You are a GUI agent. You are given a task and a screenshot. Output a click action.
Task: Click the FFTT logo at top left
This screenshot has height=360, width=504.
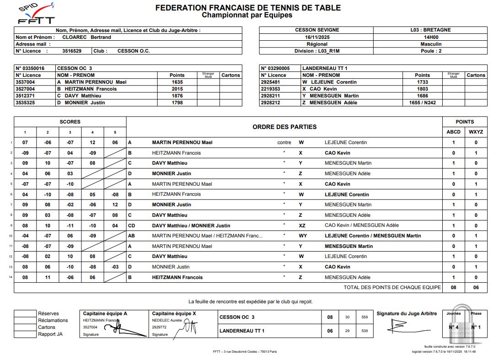pyautogui.click(x=36, y=14)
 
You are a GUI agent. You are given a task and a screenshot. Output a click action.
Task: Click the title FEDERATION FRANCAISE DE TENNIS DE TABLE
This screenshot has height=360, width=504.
pyautogui.click(x=248, y=8)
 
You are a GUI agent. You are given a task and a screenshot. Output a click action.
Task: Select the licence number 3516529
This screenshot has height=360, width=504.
pyautogui.click(x=72, y=51)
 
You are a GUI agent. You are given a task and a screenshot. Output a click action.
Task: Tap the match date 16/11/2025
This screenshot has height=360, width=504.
pyautogui.click(x=316, y=37)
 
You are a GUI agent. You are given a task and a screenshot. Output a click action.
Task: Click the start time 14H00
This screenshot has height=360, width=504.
pyautogui.click(x=430, y=37)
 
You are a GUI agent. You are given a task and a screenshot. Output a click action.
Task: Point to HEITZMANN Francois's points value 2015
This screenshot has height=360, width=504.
pyautogui.click(x=177, y=89)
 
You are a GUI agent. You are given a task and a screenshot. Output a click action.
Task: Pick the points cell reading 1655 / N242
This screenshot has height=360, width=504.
pyautogui.click(x=422, y=102)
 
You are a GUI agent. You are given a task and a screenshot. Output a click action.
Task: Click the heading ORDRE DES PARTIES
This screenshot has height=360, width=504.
pyautogui.click(x=284, y=127)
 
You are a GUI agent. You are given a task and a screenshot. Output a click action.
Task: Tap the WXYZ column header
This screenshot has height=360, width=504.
pyautogui.click(x=476, y=132)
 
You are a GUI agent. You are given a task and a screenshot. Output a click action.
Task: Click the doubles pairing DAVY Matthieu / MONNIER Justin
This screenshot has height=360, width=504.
pyautogui.click(x=191, y=226)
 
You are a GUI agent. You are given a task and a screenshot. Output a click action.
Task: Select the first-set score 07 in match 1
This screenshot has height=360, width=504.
pyautogui.click(x=25, y=142)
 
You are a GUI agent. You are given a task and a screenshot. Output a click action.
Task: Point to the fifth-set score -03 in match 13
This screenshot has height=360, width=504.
pyautogui.click(x=115, y=267)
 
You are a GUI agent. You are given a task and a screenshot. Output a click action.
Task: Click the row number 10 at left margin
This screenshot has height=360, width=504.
pyautogui.click(x=11, y=236)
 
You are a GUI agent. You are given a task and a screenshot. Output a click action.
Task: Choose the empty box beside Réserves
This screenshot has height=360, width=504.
pyautogui.click(x=25, y=314)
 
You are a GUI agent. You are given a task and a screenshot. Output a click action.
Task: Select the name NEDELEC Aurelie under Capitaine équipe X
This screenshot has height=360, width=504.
pyautogui.click(x=167, y=320)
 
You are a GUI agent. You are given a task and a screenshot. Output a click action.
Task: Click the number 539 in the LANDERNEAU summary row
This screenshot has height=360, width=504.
pyautogui.click(x=365, y=331)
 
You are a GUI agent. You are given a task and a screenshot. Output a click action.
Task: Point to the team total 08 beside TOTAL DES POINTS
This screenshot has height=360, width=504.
pyautogui.click(x=453, y=287)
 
